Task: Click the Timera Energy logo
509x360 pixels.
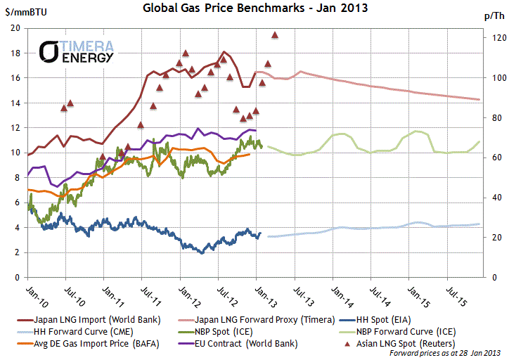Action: [77, 51]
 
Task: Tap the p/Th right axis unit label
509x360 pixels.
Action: [493, 15]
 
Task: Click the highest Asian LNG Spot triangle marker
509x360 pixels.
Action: [275, 34]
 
